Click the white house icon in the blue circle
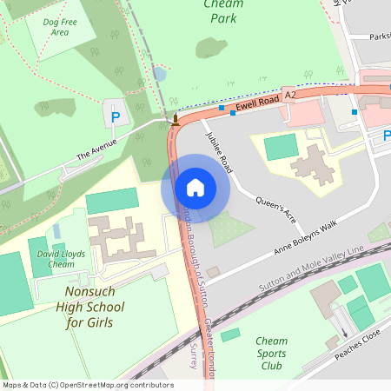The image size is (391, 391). [x=195, y=187]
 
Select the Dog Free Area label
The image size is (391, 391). [x=60, y=27]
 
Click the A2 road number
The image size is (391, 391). [x=291, y=91]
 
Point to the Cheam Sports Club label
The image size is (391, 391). [x=272, y=354]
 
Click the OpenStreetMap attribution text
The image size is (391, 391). [x=87, y=385]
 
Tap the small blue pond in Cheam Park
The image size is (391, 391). [x=159, y=75]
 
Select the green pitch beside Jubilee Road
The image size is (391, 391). [x=281, y=147]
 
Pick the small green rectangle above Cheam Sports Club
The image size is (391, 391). [x=230, y=335]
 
